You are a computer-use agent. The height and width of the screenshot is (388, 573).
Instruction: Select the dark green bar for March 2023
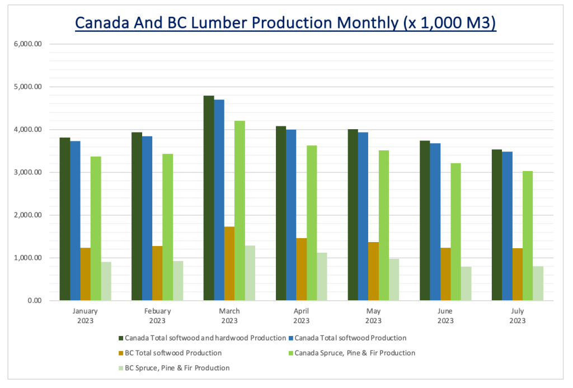(x=209, y=198)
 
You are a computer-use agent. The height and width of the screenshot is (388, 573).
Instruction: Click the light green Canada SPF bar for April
(x=312, y=223)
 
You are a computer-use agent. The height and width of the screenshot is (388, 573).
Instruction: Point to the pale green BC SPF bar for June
(x=466, y=283)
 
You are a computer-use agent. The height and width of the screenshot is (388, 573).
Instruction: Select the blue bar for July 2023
(x=507, y=226)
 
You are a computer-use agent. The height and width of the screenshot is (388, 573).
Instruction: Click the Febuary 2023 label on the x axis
(x=157, y=316)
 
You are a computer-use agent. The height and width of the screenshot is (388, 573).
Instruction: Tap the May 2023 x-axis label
(x=373, y=316)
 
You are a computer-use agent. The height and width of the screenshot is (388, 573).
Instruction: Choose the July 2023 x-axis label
(x=517, y=316)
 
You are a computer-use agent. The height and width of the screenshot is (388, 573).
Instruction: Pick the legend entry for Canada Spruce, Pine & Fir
(x=355, y=353)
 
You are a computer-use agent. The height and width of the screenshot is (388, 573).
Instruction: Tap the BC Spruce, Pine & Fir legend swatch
(x=121, y=368)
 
